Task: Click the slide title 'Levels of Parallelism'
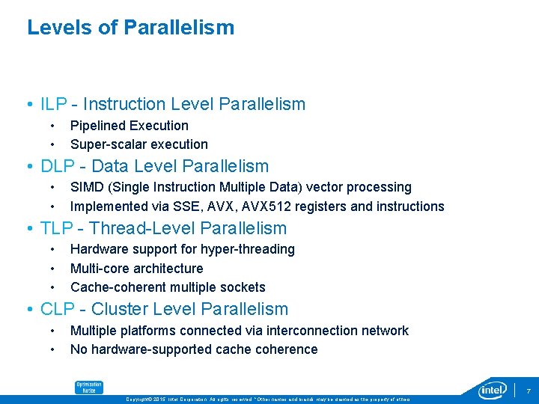point(130,28)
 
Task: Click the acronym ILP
point(54,104)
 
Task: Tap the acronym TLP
point(56,228)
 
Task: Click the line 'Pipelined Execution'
point(129,126)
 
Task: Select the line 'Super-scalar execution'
point(138,144)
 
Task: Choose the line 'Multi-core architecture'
point(136,268)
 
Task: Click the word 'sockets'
point(243,287)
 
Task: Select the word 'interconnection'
point(320,331)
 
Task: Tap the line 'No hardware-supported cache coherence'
point(193,349)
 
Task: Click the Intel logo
point(493,391)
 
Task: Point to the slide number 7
point(528,391)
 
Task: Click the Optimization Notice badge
point(88,387)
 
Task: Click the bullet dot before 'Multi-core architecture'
point(52,268)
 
